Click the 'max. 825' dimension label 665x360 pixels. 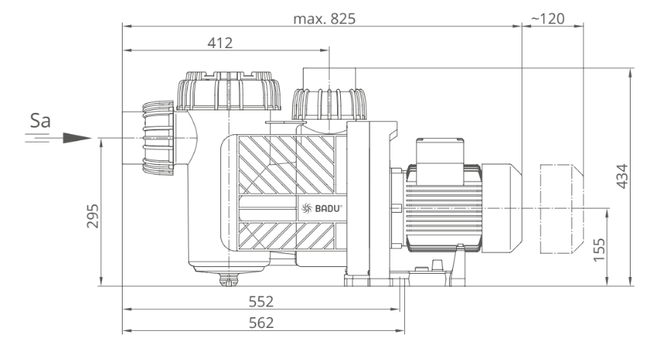pyautogui.click(x=324, y=18)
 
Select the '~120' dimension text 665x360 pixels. pyautogui.click(x=547, y=18)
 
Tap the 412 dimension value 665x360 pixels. pyautogui.click(x=220, y=43)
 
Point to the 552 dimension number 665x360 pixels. pyautogui.click(x=261, y=301)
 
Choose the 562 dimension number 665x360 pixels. pyautogui.click(x=261, y=323)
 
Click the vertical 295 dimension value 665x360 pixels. pyautogui.click(x=92, y=216)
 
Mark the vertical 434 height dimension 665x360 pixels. pyautogui.click(x=622, y=176)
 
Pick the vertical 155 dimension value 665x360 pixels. pyautogui.click(x=599, y=249)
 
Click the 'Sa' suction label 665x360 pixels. pyautogui.click(x=40, y=121)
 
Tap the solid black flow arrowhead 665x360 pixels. pyautogui.click(x=77, y=138)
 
